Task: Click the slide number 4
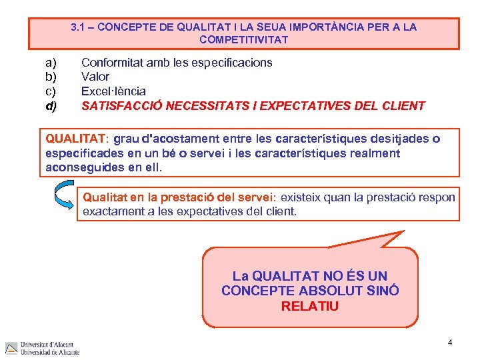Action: click(x=450, y=342)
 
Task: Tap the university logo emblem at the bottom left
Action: click(x=11, y=348)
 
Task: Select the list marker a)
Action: click(x=51, y=63)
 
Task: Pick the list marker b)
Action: click(x=51, y=77)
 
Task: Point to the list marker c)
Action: click(x=51, y=91)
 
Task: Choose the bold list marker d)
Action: click(x=51, y=105)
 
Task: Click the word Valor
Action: click(x=95, y=77)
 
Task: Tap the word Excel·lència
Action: click(x=113, y=91)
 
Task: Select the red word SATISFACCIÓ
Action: click(x=122, y=105)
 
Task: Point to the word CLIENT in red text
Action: click(x=403, y=105)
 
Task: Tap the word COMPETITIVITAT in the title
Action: click(x=243, y=40)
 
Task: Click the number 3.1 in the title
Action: click(x=79, y=27)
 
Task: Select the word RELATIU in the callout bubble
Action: click(x=310, y=307)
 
